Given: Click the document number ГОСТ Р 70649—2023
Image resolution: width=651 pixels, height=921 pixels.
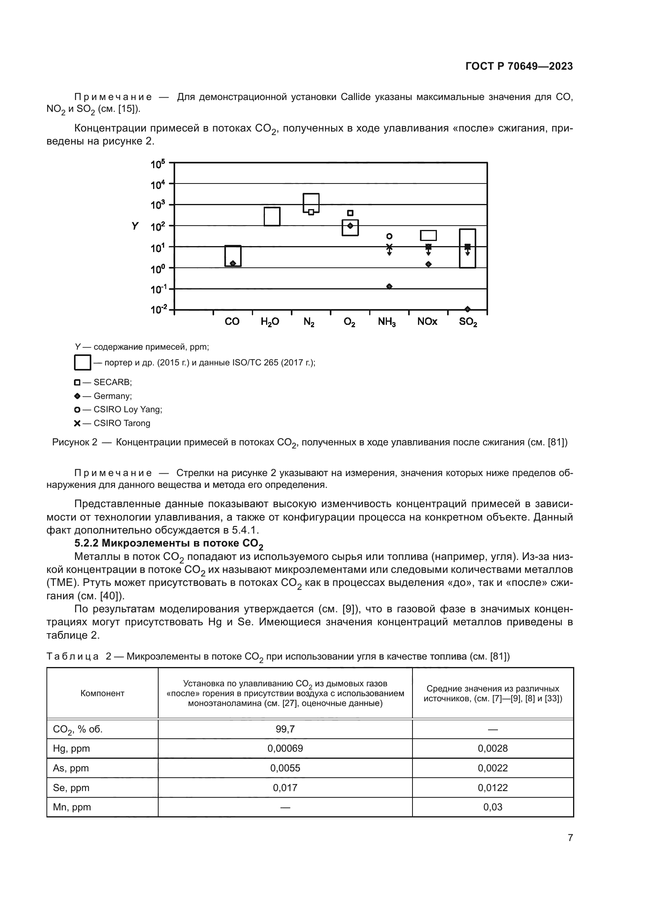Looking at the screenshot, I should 519,66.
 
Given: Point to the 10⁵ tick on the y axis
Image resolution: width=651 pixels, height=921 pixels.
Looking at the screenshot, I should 158,164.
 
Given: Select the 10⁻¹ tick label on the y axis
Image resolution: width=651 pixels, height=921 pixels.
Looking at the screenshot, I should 158,289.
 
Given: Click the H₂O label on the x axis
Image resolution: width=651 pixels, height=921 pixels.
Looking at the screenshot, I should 270,322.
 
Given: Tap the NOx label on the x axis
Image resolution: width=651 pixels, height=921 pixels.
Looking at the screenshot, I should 427,322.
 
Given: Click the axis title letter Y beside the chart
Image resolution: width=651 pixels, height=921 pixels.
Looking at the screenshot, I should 135,226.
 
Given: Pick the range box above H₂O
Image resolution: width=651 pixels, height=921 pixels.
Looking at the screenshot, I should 272,217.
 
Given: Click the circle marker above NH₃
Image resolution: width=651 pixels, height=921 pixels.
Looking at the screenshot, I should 389,236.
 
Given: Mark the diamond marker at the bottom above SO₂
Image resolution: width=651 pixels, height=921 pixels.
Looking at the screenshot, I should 468,309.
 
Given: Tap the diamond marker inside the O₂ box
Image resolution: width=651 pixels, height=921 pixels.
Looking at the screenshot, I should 350,226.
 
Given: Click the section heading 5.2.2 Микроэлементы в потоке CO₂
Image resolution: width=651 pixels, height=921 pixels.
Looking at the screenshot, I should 169,544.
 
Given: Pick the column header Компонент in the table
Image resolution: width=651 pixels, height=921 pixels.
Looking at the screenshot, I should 102,693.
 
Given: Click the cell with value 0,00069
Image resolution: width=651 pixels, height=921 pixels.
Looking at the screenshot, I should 285,749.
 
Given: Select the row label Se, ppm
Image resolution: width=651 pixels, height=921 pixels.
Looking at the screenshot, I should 71,788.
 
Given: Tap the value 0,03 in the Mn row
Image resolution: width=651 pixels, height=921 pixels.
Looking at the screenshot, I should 492,807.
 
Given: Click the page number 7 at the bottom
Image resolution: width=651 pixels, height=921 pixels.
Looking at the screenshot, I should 570,838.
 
